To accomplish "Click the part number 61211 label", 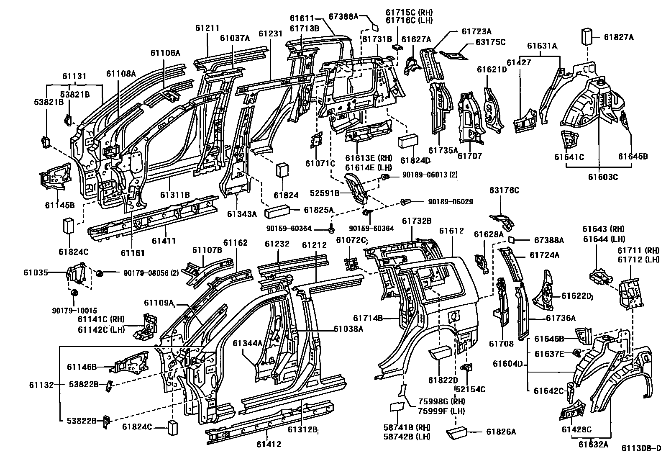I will [x=207, y=28].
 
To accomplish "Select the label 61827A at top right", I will [x=618, y=37].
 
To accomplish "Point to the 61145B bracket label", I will [x=60, y=205].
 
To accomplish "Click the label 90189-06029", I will [x=450, y=202].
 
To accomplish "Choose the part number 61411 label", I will [x=164, y=241].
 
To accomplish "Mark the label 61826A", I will [x=501, y=432].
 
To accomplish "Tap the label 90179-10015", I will [x=74, y=311].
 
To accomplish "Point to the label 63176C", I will [x=504, y=190].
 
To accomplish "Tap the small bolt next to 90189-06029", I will [x=405, y=202].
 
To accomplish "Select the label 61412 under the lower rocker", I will [x=269, y=444].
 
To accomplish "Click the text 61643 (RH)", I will [x=603, y=229].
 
